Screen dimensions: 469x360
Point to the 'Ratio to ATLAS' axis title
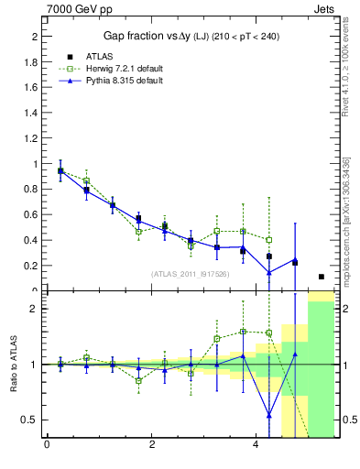click(14, 364)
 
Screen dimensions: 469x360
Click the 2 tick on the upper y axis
click(34, 37)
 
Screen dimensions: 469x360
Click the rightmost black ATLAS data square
click(321, 277)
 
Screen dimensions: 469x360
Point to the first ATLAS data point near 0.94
click(60, 171)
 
